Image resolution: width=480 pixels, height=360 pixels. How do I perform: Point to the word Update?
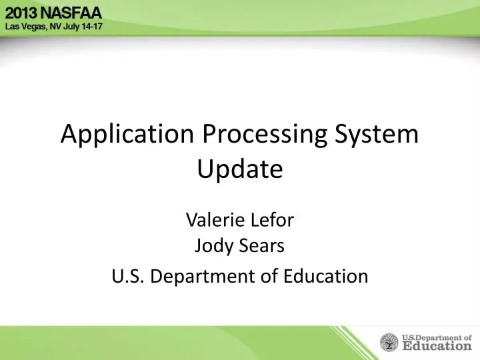(x=240, y=170)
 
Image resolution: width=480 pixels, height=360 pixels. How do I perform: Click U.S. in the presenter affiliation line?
(x=127, y=275)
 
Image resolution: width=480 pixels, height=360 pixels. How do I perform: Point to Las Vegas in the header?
(x=24, y=27)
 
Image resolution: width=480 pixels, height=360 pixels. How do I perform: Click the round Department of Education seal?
(x=389, y=343)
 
